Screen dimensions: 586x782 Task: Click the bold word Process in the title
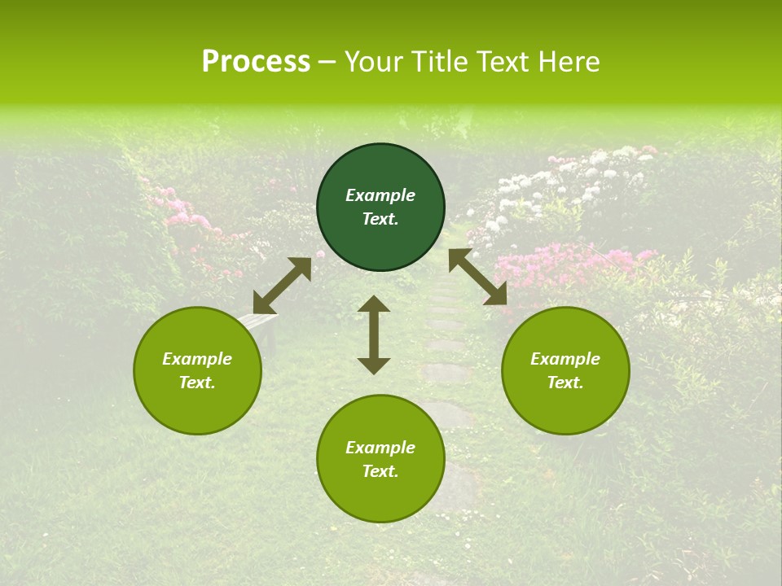(x=256, y=62)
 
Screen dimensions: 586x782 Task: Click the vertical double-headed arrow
(x=374, y=335)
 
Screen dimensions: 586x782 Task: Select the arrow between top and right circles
(x=477, y=277)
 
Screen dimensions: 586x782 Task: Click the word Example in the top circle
(x=380, y=195)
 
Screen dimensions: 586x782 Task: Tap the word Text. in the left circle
(x=197, y=383)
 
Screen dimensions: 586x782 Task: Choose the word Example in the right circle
(x=565, y=359)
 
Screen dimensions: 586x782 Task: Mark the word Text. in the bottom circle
(x=380, y=471)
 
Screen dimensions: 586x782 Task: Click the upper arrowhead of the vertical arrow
(x=374, y=304)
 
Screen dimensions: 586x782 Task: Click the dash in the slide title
(x=327, y=62)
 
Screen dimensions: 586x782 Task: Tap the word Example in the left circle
(x=197, y=359)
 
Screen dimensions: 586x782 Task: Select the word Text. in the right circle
(x=565, y=383)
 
